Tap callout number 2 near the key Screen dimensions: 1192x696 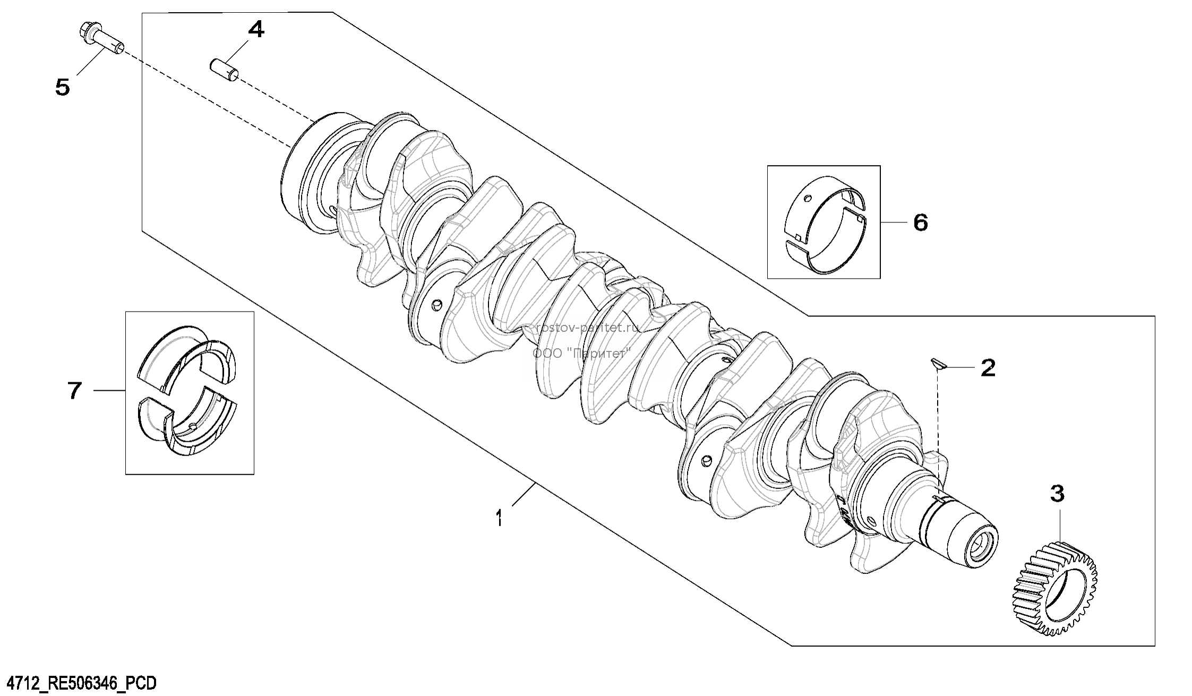coord(988,367)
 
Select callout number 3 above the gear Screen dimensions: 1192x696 coord(1057,494)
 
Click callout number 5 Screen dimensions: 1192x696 coord(63,87)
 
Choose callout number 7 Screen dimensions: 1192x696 coord(74,390)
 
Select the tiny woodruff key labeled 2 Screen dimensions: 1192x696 coord(937,365)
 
